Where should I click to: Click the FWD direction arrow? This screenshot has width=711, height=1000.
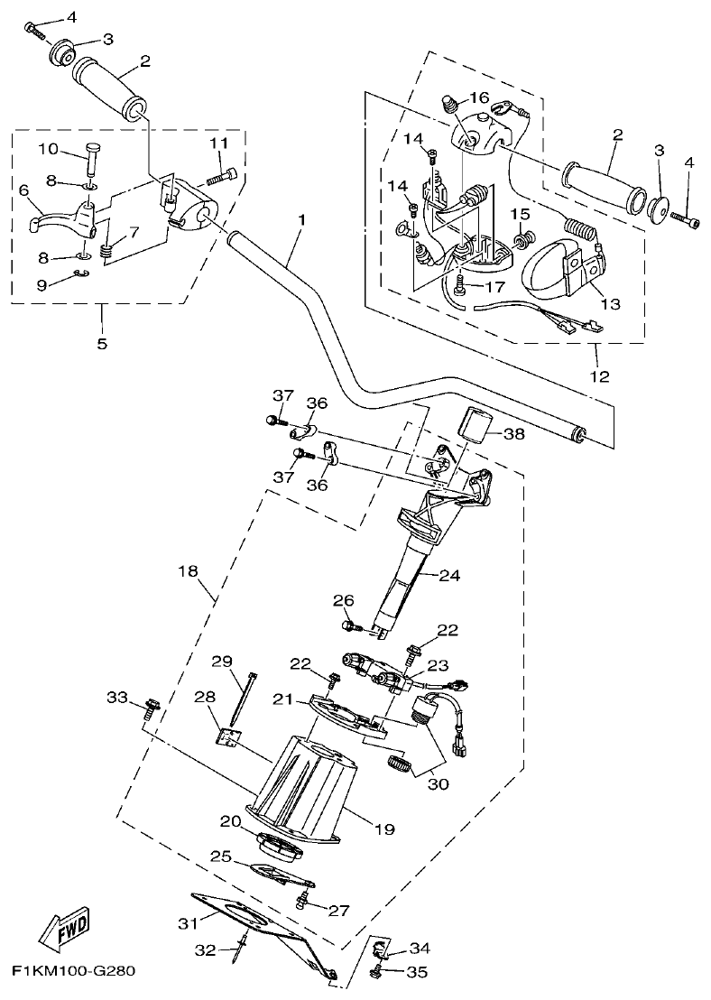coord(64,929)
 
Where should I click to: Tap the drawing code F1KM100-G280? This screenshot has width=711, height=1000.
coord(73,972)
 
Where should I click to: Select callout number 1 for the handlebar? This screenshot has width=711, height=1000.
coord(301,220)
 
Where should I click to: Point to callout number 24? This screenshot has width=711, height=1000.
coord(450,573)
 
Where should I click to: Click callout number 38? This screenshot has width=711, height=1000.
coord(512,434)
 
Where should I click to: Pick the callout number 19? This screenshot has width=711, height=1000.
coord(385,829)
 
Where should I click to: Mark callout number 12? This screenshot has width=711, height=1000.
coord(597,375)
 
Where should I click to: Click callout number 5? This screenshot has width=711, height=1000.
coord(101,343)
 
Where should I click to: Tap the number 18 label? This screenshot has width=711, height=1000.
coord(188,571)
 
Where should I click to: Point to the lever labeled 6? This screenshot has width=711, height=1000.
coord(43,216)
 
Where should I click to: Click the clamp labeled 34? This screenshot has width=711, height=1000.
coord(381,949)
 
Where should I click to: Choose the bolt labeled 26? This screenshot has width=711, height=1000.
coord(351,625)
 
